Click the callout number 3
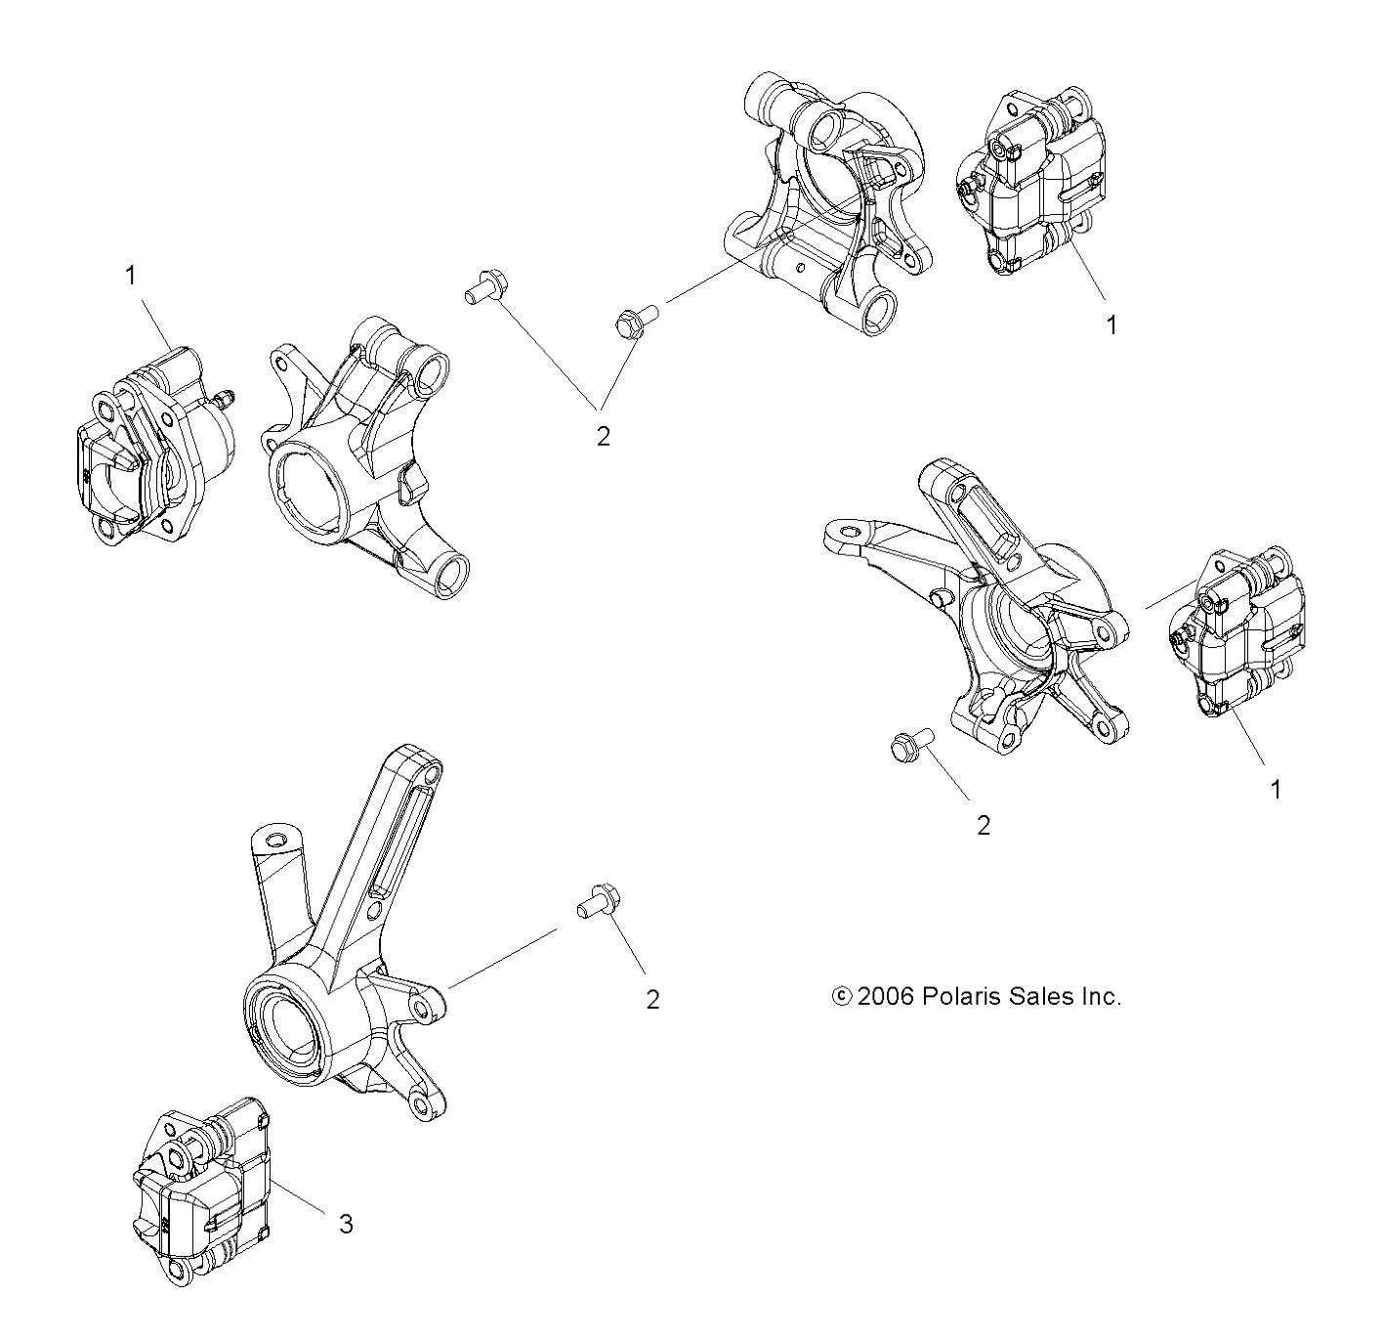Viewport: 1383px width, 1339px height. tap(346, 1223)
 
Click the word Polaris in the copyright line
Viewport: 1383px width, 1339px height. tap(962, 997)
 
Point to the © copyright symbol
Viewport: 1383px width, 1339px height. tap(841, 997)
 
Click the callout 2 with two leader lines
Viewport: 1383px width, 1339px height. tap(603, 436)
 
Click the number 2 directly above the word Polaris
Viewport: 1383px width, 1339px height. tap(984, 826)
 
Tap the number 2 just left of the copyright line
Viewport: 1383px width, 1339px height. tap(652, 999)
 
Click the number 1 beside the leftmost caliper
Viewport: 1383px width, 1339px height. tap(130, 277)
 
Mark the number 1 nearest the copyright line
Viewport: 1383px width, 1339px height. tap(1275, 789)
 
